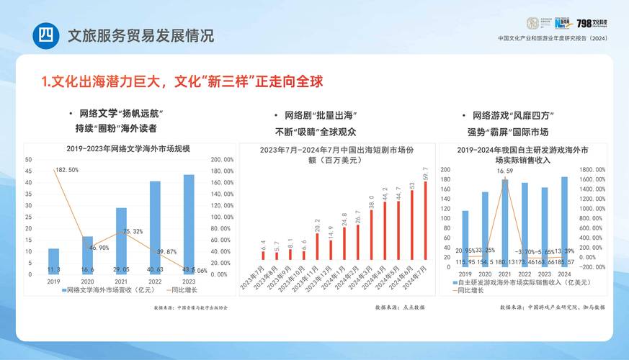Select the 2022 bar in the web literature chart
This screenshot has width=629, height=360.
[155, 228]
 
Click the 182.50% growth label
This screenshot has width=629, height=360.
[66, 170]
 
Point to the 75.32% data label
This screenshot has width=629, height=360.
[132, 231]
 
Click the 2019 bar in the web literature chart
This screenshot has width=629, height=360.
[53, 261]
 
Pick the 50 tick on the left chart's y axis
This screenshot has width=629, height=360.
[28, 159]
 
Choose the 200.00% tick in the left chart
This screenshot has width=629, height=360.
[221, 159]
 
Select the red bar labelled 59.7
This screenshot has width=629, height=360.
[425, 220]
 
